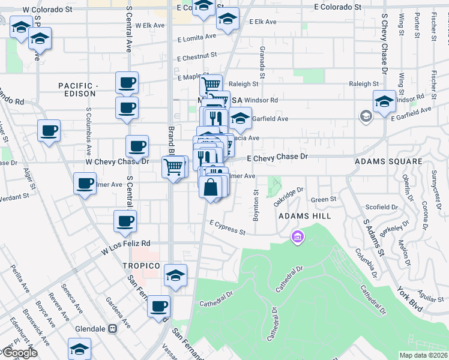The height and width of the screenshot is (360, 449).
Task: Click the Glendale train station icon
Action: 112,329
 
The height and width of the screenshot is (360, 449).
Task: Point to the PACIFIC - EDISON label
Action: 77,90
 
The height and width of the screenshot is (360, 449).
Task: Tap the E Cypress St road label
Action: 228,227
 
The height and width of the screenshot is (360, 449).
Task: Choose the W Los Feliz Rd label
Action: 125,247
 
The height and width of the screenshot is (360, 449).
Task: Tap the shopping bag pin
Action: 211,187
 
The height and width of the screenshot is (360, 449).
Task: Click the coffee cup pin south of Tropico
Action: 159,306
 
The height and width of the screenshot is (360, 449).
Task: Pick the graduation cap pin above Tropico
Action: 175,275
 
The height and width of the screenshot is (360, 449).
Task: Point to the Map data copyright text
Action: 424,355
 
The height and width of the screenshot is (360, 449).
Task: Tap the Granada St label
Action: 262,62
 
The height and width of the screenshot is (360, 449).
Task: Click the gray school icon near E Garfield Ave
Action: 365,116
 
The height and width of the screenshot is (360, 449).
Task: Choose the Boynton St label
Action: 256,206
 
